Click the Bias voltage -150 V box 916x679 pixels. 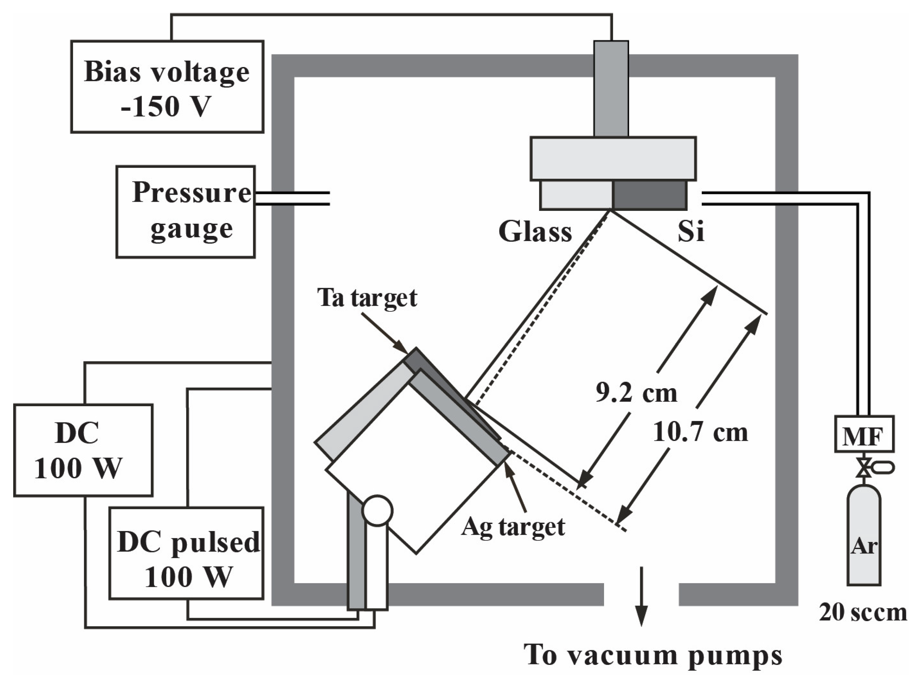pos(167,87)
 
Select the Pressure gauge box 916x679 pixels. pos(185,212)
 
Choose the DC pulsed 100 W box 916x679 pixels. pos(186,553)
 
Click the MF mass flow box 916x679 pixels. pos(864,434)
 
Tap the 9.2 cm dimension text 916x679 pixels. pos(636,393)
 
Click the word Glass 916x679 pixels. pos(535,232)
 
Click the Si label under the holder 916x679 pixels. pos(691,232)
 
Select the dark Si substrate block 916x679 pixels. pos(649,195)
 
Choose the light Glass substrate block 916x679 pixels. pos(576,195)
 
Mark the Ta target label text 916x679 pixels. pos(367,298)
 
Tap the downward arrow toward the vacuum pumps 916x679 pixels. pos(641,596)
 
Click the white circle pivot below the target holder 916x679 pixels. pos(377,511)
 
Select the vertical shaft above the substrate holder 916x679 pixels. pos(611,88)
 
